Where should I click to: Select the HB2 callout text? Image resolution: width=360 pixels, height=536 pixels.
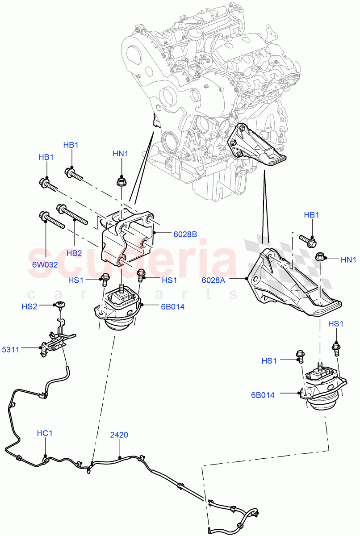click(74, 253)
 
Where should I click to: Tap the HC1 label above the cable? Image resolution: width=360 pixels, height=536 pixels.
click(45, 433)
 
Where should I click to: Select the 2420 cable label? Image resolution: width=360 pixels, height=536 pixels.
click(120, 434)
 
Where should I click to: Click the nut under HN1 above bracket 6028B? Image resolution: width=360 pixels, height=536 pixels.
click(120, 181)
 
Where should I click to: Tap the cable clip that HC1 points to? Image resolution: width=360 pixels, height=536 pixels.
click(46, 459)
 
